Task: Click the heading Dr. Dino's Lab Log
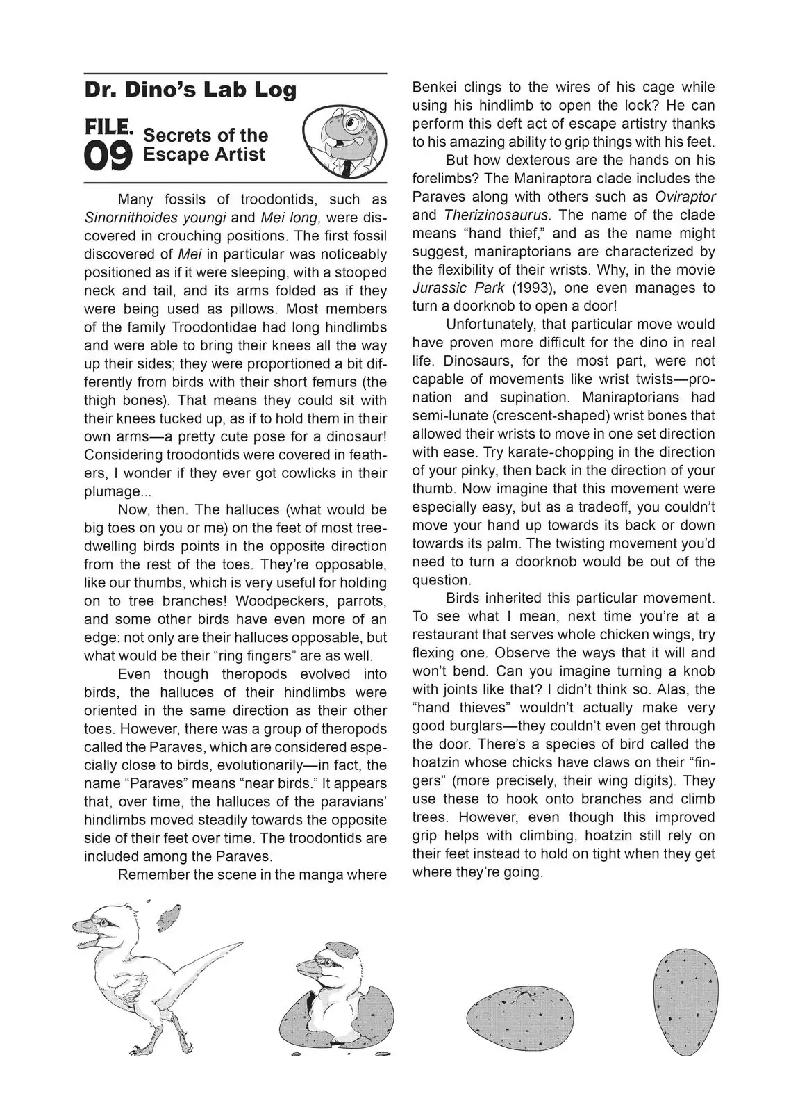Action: [x=190, y=90]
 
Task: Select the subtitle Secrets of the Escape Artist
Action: [x=206, y=145]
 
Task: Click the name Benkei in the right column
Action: [x=433, y=88]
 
